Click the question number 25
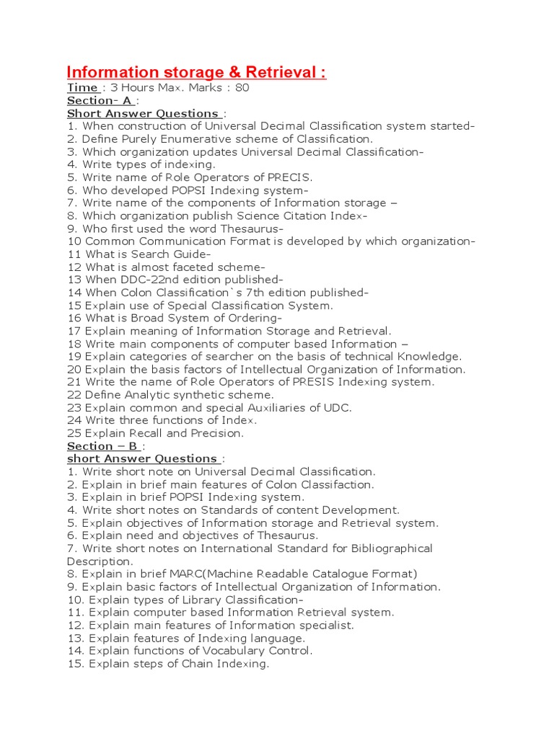(x=74, y=433)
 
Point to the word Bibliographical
(x=392, y=548)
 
